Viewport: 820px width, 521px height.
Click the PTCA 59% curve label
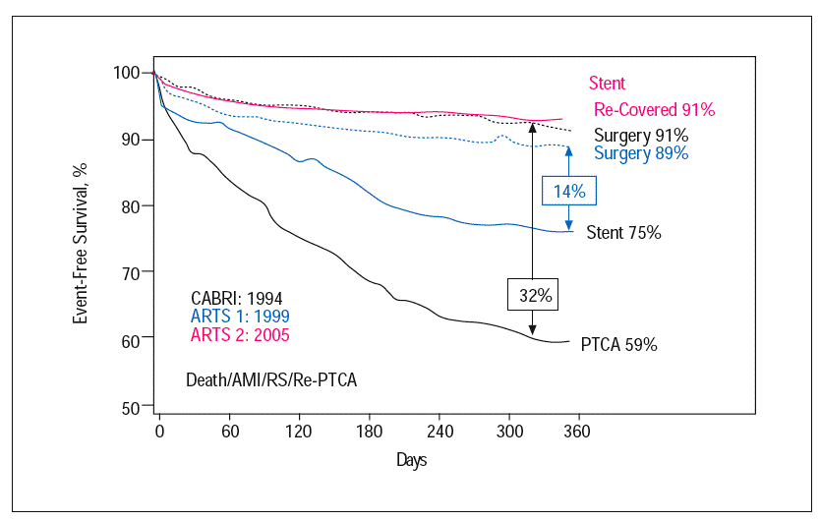tap(618, 345)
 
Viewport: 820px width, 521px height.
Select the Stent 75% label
tap(623, 233)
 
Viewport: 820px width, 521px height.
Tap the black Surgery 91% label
tap(641, 135)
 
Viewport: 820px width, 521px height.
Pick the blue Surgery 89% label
tap(641, 153)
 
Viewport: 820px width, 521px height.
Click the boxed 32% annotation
tap(530, 293)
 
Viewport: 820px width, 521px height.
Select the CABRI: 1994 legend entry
tap(239, 299)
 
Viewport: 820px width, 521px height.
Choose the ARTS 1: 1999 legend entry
tap(240, 317)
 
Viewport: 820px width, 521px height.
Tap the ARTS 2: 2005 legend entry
tap(240, 335)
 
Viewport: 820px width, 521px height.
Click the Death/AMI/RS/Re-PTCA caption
tap(270, 378)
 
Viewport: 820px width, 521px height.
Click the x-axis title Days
tap(412, 459)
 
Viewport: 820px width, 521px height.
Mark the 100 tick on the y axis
tap(128, 73)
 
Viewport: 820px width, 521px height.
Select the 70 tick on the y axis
tap(132, 272)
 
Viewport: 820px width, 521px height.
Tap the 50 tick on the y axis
tap(132, 405)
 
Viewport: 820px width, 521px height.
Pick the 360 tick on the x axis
tap(577, 431)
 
